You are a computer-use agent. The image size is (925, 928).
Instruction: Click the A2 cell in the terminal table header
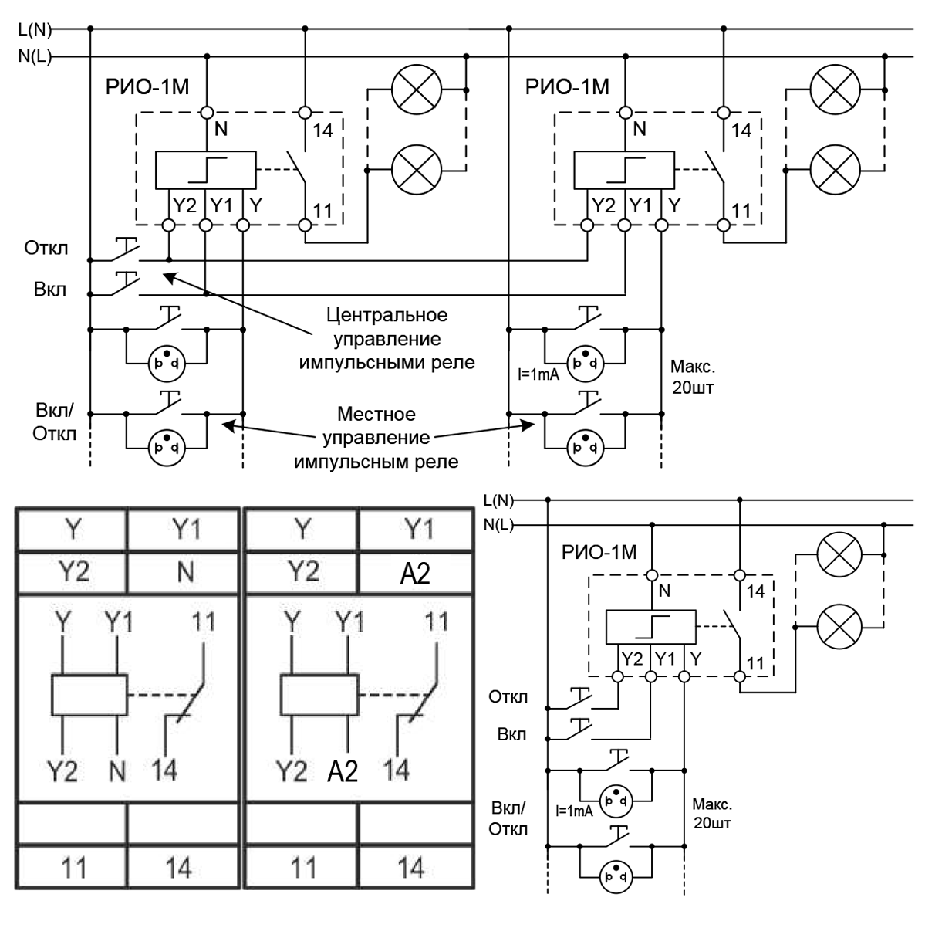click(x=415, y=573)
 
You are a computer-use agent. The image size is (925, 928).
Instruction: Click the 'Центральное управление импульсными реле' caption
click(x=387, y=339)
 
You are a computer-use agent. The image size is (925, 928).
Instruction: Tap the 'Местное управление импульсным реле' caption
click(x=376, y=438)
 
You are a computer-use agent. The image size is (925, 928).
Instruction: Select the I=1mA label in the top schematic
click(x=538, y=374)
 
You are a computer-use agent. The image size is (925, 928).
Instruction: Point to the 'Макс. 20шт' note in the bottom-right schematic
click(x=712, y=814)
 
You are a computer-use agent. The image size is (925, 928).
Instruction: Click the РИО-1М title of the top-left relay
click(x=147, y=87)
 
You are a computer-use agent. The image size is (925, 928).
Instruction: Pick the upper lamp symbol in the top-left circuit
click(x=417, y=90)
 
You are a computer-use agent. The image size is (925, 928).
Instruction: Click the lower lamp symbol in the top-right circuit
click(x=835, y=170)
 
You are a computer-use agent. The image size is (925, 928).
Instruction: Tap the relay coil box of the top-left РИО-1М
click(x=205, y=170)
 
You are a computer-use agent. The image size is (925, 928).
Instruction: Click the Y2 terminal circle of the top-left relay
click(x=168, y=225)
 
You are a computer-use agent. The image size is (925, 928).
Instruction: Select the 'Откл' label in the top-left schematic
click(x=46, y=248)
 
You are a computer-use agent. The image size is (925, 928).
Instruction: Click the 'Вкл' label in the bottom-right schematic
click(x=511, y=734)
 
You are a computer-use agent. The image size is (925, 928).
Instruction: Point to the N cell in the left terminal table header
click(x=185, y=573)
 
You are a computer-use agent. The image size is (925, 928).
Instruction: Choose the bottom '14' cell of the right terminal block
click(x=415, y=867)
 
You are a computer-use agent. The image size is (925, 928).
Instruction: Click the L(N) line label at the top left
click(x=35, y=30)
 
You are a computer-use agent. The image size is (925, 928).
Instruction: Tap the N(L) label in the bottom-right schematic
click(x=498, y=524)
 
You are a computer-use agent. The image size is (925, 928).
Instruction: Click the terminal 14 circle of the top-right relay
click(x=724, y=113)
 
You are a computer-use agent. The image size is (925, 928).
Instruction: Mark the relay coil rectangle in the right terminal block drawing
click(x=319, y=695)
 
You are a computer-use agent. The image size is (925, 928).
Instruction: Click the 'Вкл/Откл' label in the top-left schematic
click(x=54, y=422)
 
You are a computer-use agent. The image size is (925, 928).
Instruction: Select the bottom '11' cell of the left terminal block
click(x=73, y=867)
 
